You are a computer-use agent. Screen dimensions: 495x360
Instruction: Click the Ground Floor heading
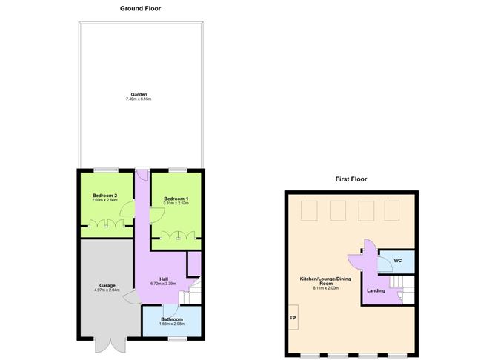(140, 9)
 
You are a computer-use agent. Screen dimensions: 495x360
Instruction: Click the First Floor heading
(351, 179)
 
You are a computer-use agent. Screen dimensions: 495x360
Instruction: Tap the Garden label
(139, 94)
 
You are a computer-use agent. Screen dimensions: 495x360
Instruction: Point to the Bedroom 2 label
(104, 196)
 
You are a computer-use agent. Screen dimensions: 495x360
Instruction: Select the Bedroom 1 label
(176, 199)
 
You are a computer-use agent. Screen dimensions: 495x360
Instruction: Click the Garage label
(107, 285)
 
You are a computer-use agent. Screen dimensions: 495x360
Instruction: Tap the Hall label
(164, 279)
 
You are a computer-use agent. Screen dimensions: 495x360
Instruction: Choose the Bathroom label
(172, 319)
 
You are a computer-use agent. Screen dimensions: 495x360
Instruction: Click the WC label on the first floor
(398, 261)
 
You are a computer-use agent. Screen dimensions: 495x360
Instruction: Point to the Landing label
(376, 290)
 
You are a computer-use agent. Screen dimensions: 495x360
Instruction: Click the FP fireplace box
(293, 317)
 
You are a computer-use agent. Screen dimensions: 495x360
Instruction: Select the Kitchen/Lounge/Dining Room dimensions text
(325, 288)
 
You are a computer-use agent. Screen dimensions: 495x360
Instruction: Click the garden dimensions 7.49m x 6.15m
(139, 99)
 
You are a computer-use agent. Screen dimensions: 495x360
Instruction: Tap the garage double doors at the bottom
(110, 345)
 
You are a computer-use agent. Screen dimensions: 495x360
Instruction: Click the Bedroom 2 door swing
(127, 209)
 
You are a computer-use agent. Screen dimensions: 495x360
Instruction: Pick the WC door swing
(385, 264)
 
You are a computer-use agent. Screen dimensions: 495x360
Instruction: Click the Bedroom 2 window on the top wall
(106, 170)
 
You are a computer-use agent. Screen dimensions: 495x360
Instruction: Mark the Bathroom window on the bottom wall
(177, 339)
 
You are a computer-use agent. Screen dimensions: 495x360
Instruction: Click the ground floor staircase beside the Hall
(191, 292)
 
